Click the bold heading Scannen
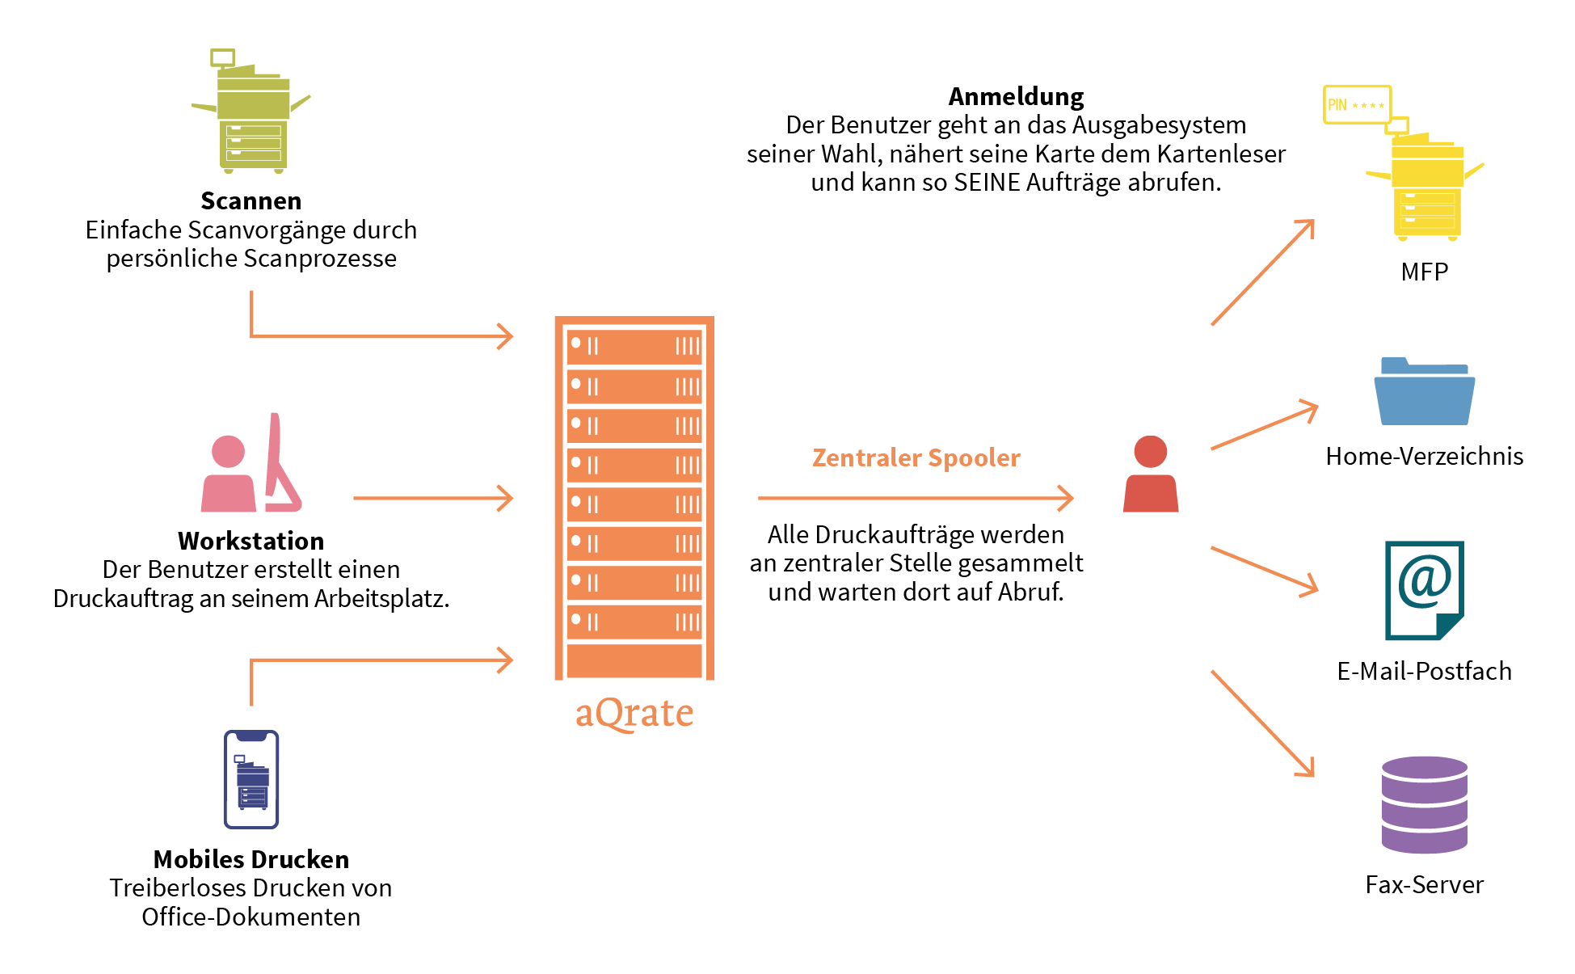pyautogui.click(x=251, y=200)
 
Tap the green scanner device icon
pyautogui.click(x=252, y=113)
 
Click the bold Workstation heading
pyautogui.click(x=251, y=540)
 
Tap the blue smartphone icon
pyautogui.click(x=251, y=779)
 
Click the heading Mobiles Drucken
pyautogui.click(x=251, y=858)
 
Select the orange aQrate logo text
pyautogui.click(x=634, y=713)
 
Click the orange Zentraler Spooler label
pyautogui.click(x=916, y=457)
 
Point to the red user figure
pyautogui.click(x=1151, y=474)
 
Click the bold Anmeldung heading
pyautogui.click(x=1016, y=96)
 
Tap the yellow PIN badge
pyautogui.click(x=1357, y=105)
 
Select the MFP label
pyautogui.click(x=1424, y=272)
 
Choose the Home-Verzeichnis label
pyautogui.click(x=1424, y=456)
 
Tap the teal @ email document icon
pyautogui.click(x=1424, y=590)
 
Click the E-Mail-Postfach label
pyautogui.click(x=1424, y=671)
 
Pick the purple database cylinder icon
pyautogui.click(x=1424, y=805)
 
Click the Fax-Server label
pyautogui.click(x=1424, y=884)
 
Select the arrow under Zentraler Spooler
pyautogui.click(x=916, y=498)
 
